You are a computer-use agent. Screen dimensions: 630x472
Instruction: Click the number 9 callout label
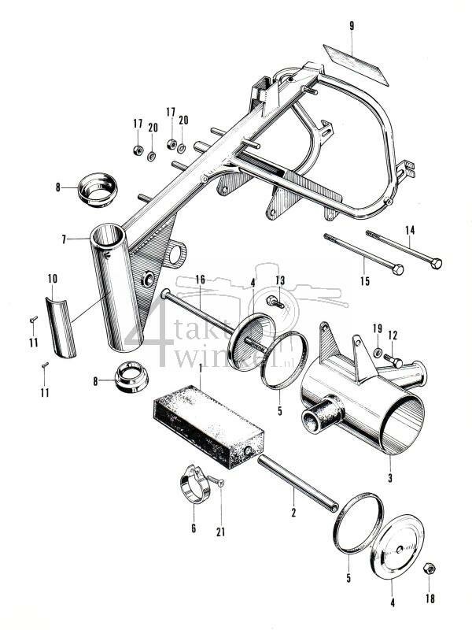pyautogui.click(x=352, y=26)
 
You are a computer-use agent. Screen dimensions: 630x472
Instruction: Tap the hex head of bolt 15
pyautogui.click(x=397, y=269)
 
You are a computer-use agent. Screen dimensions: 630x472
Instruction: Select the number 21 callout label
pyautogui.click(x=221, y=529)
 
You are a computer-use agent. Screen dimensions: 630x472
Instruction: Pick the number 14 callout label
pyautogui.click(x=408, y=230)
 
